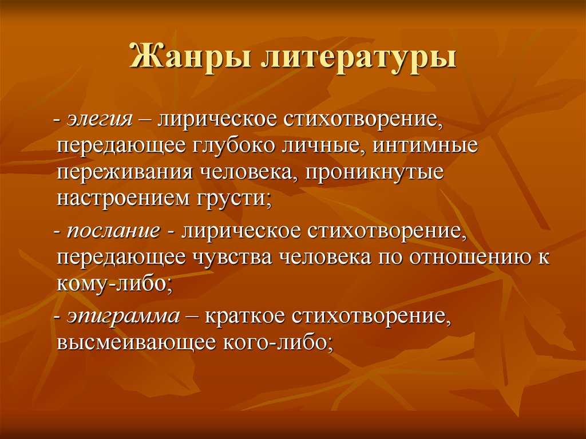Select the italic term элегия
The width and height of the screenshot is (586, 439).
[100, 120]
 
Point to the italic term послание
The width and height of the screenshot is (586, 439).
[113, 231]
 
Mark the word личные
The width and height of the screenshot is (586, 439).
[323, 147]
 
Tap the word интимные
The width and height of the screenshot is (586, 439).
[425, 146]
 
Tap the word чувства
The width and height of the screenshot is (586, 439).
[232, 258]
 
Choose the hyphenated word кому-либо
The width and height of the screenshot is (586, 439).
[114, 285]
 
